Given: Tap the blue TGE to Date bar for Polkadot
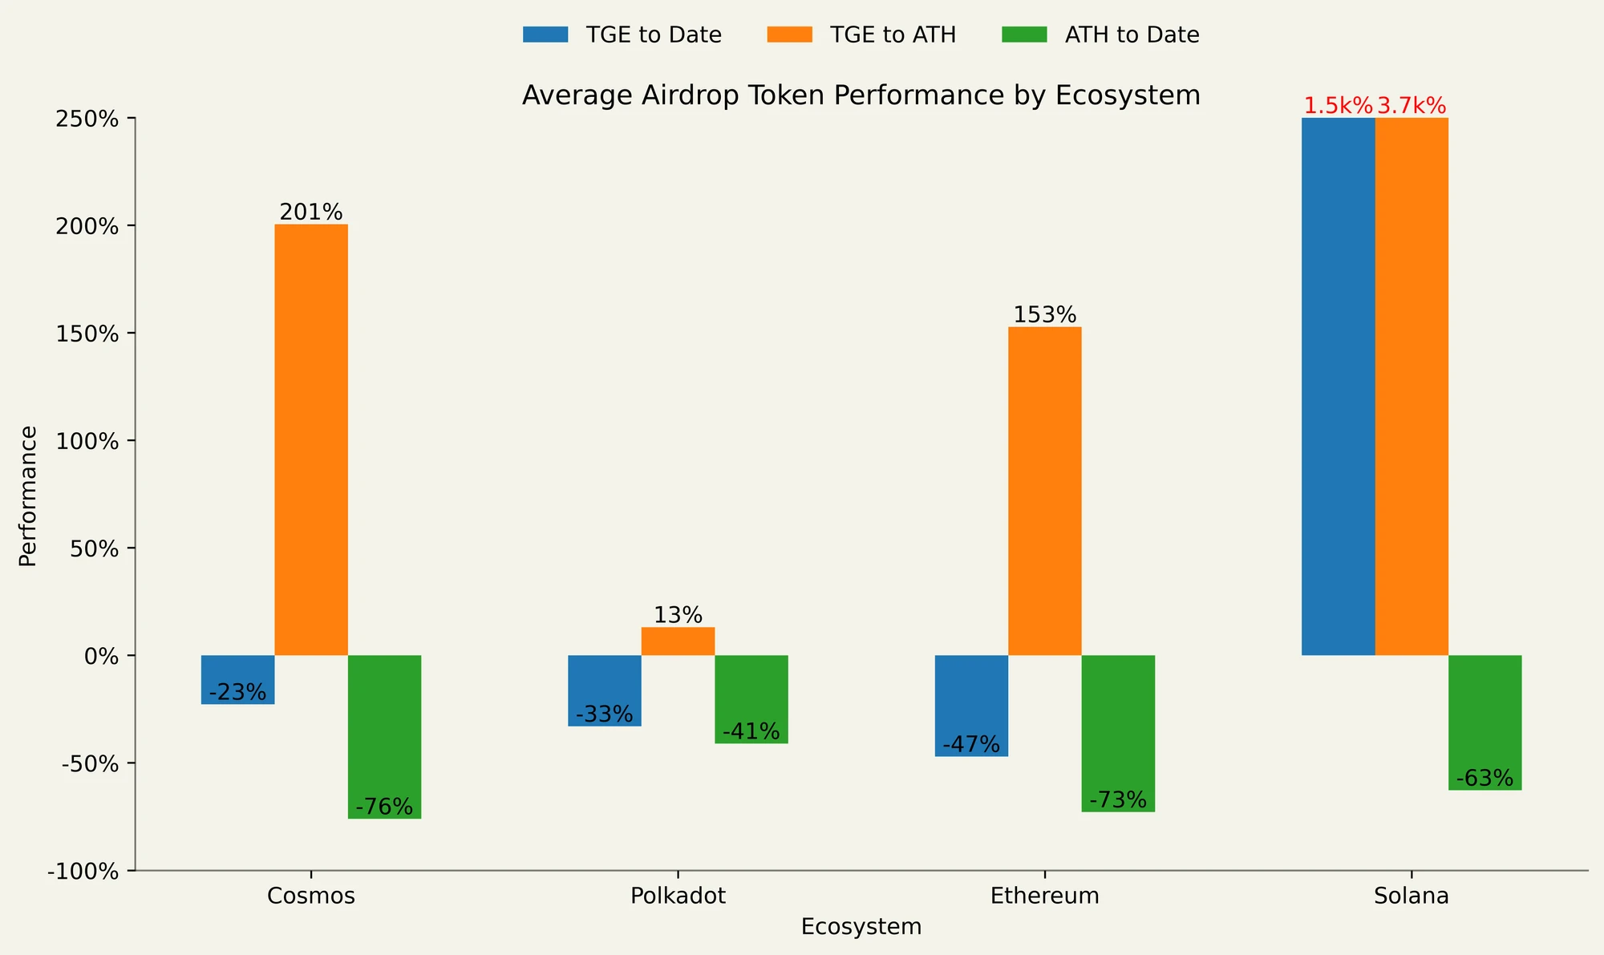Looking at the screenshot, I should [604, 690].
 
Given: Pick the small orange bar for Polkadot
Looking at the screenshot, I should [678, 641].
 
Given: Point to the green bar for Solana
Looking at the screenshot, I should [1485, 722].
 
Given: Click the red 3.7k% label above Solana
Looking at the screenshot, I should [1412, 106].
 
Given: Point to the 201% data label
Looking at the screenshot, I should [311, 212].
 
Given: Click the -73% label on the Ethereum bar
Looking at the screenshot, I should [1118, 800].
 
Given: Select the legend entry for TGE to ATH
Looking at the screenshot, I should [861, 35].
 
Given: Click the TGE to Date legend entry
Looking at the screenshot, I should [622, 35].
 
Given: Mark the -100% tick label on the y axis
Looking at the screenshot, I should [83, 872].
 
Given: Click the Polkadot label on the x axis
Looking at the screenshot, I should [678, 896].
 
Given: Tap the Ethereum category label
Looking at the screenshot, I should [1044, 896].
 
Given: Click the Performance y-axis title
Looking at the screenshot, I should [28, 496].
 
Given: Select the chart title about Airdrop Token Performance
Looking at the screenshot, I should [861, 95].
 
